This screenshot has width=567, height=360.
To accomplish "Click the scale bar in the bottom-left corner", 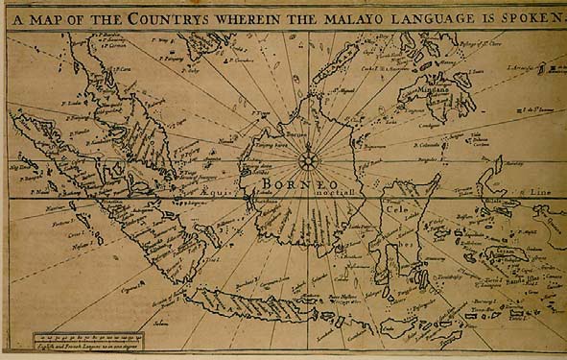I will pos(87,339).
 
